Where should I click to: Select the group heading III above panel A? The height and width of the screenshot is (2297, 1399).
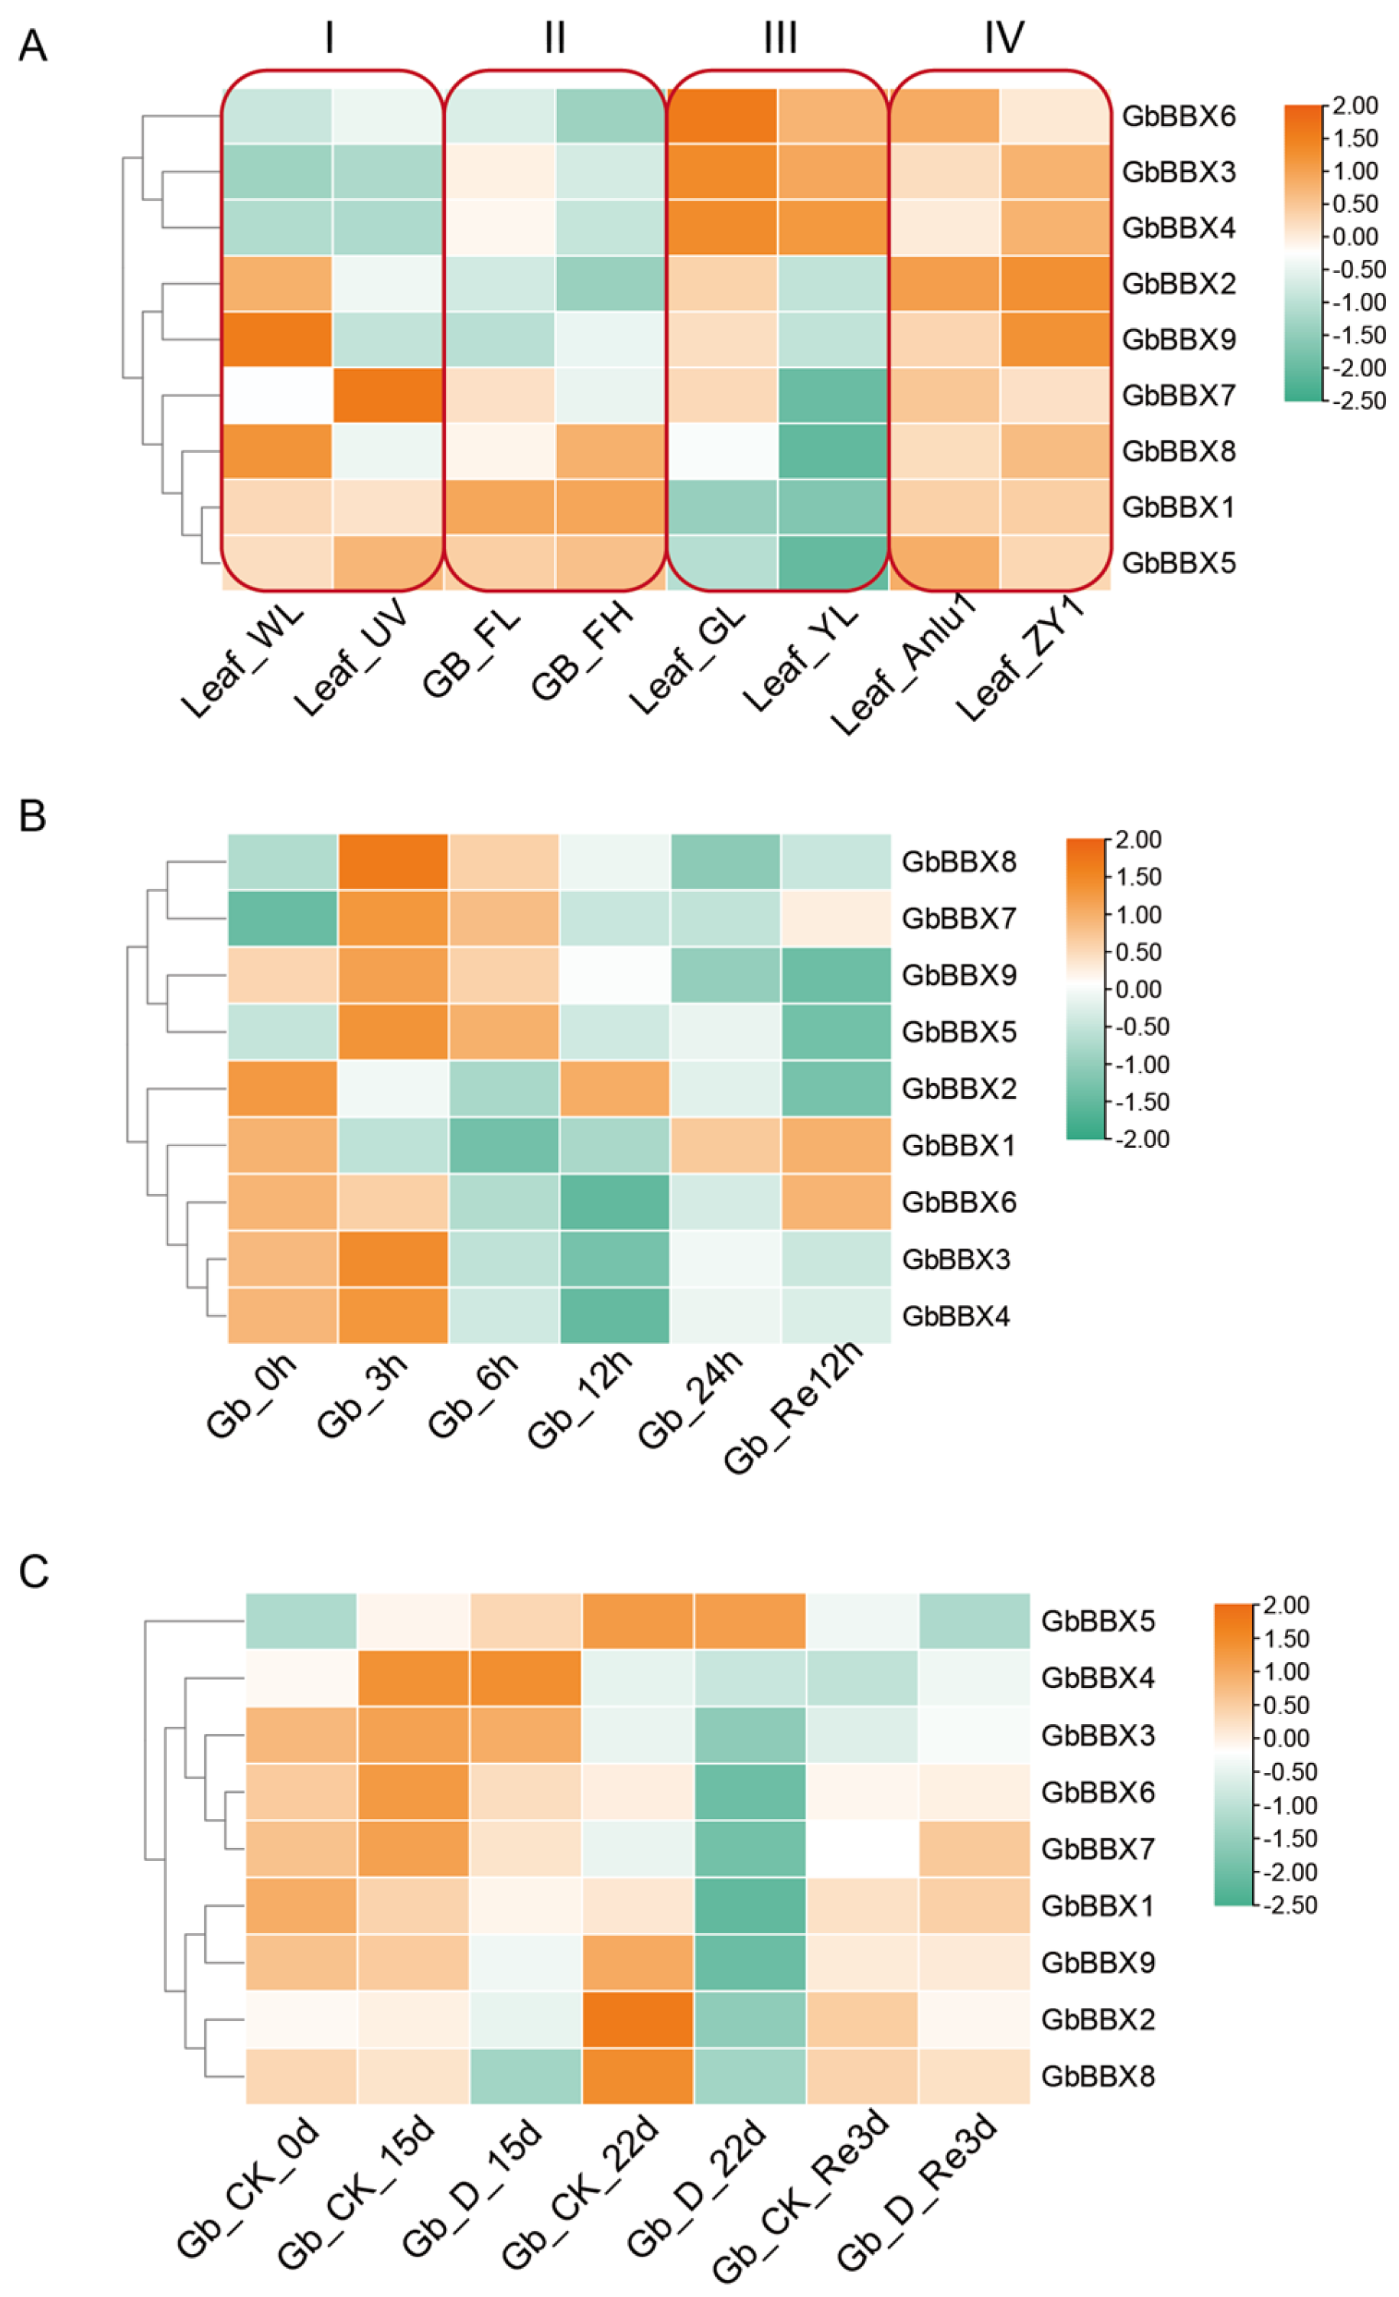point(779,38)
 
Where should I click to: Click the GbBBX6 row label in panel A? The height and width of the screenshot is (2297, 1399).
point(1178,116)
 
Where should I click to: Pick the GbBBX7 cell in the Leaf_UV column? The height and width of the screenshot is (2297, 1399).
point(388,395)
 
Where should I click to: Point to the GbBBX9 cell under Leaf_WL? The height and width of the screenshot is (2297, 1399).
point(278,340)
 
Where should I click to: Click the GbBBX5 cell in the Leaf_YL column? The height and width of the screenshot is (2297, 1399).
point(832,562)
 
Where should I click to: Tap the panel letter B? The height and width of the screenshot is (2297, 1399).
point(33,815)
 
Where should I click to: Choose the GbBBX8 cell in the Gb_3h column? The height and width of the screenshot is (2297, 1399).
point(393,861)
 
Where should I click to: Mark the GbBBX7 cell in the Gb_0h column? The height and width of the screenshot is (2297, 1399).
point(282,918)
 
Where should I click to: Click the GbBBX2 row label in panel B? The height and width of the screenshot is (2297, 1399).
point(958,1089)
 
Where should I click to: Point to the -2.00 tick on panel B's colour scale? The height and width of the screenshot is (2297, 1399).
point(1142,1139)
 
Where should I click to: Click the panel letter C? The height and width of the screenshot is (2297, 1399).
point(34,1572)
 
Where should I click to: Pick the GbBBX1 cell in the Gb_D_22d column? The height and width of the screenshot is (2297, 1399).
point(750,1905)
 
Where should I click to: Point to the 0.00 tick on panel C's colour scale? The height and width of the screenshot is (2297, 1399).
point(1287,1738)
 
